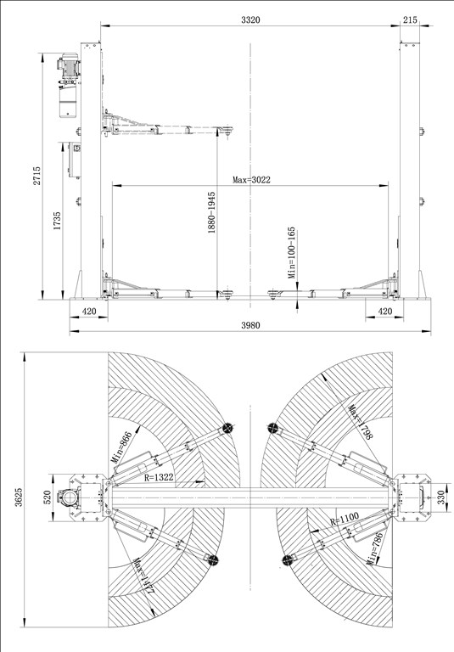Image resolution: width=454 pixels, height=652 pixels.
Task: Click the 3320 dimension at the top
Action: pyautogui.click(x=250, y=20)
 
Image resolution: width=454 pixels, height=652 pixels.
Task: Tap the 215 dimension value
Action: pyautogui.click(x=410, y=20)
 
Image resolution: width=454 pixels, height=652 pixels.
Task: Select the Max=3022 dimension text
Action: pyautogui.click(x=251, y=180)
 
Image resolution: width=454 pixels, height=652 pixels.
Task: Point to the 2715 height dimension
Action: pyautogui.click(x=37, y=176)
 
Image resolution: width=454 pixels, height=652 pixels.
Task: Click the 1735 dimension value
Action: pyautogui.click(x=57, y=221)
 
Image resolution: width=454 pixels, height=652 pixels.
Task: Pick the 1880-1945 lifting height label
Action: pyautogui.click(x=211, y=212)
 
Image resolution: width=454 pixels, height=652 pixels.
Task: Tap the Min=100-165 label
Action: pyautogui.click(x=291, y=252)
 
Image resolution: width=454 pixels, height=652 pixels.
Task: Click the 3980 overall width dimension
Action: pyautogui.click(x=250, y=325)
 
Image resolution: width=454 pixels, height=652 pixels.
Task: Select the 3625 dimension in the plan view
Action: pyautogui.click(x=19, y=497)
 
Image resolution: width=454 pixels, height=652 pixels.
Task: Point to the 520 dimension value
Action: pyautogui.click(x=47, y=497)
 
